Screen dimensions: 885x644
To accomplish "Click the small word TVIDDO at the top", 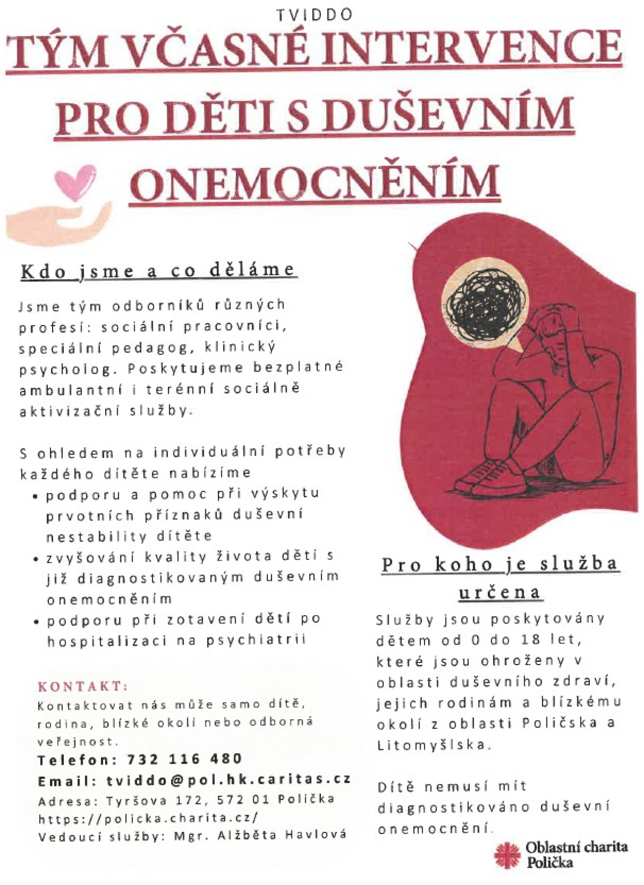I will tap(314, 15).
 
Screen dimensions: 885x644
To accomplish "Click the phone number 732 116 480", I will tap(185, 759).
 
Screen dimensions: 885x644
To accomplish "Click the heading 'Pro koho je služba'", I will tap(500, 564).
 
